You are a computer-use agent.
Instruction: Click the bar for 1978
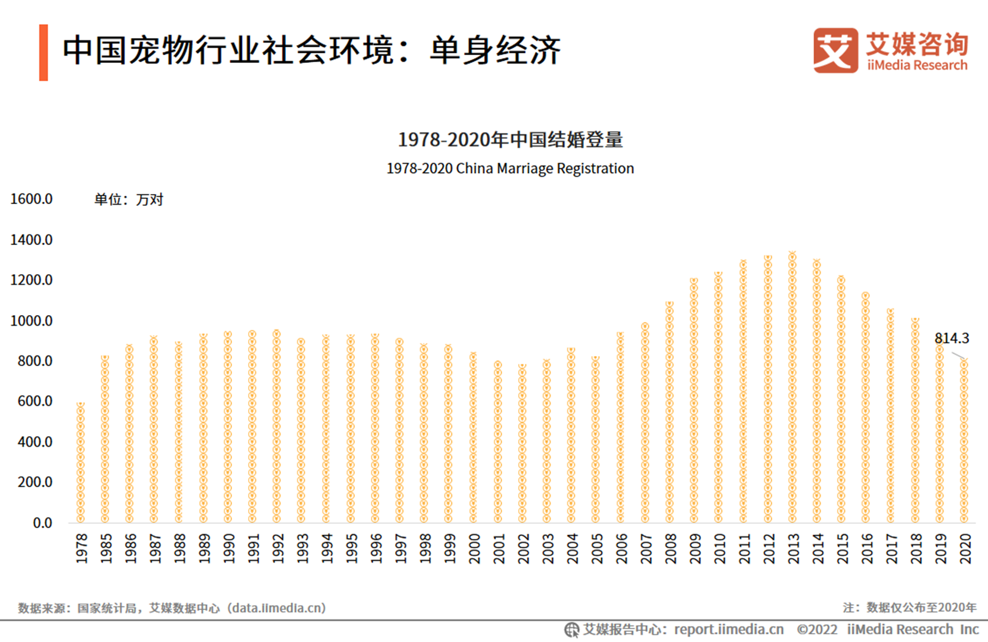[81, 463]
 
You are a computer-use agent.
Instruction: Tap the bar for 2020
[964, 442]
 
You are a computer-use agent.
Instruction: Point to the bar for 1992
[277, 427]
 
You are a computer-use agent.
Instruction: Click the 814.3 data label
[951, 338]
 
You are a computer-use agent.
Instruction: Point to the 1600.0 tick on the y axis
[31, 199]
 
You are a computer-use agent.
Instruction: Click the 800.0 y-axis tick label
[35, 361]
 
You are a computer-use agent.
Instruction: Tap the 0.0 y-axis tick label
[42, 523]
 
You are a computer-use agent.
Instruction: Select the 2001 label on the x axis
[498, 548]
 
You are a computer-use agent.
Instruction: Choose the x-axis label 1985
[106, 548]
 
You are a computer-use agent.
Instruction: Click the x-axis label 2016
[867, 548]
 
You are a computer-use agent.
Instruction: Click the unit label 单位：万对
[129, 200]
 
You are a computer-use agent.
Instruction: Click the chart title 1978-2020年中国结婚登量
[510, 140]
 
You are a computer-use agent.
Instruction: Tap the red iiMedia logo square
[835, 50]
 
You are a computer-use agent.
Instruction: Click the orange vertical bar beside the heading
[43, 52]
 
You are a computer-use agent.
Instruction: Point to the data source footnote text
[172, 608]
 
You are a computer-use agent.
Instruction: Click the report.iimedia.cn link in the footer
[729, 630]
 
